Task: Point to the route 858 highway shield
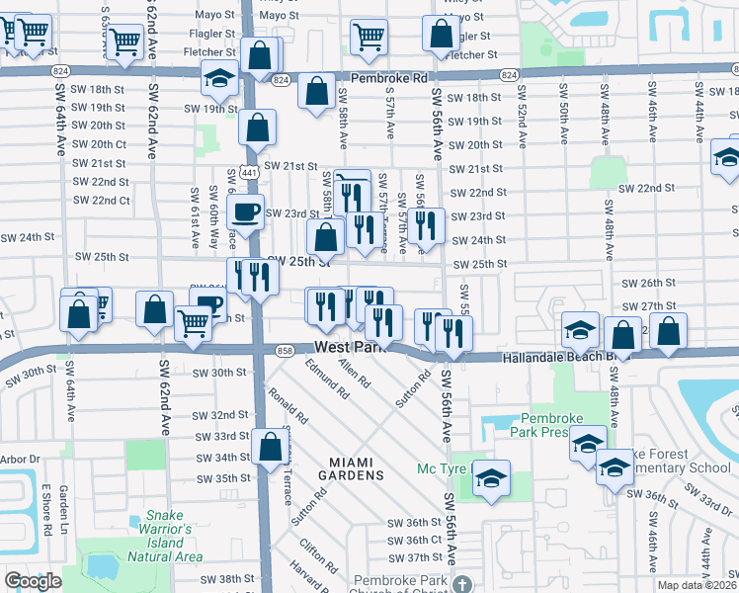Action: pos(285,351)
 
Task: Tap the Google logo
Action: pos(33,581)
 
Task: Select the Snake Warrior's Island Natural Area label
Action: pos(165,535)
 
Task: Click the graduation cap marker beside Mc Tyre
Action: pos(490,478)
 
